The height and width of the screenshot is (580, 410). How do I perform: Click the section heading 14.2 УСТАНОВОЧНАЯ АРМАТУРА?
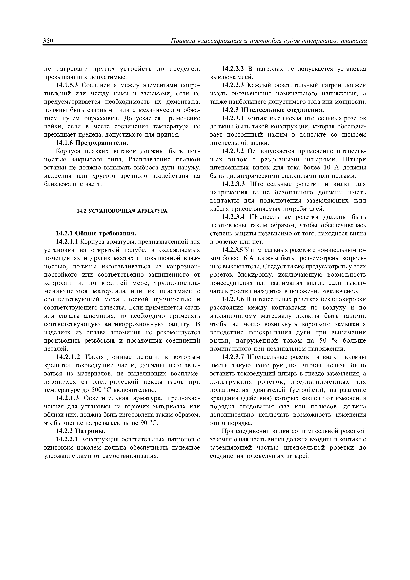click(x=122, y=211)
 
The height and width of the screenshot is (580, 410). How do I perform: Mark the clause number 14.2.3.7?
click(x=233, y=357)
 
